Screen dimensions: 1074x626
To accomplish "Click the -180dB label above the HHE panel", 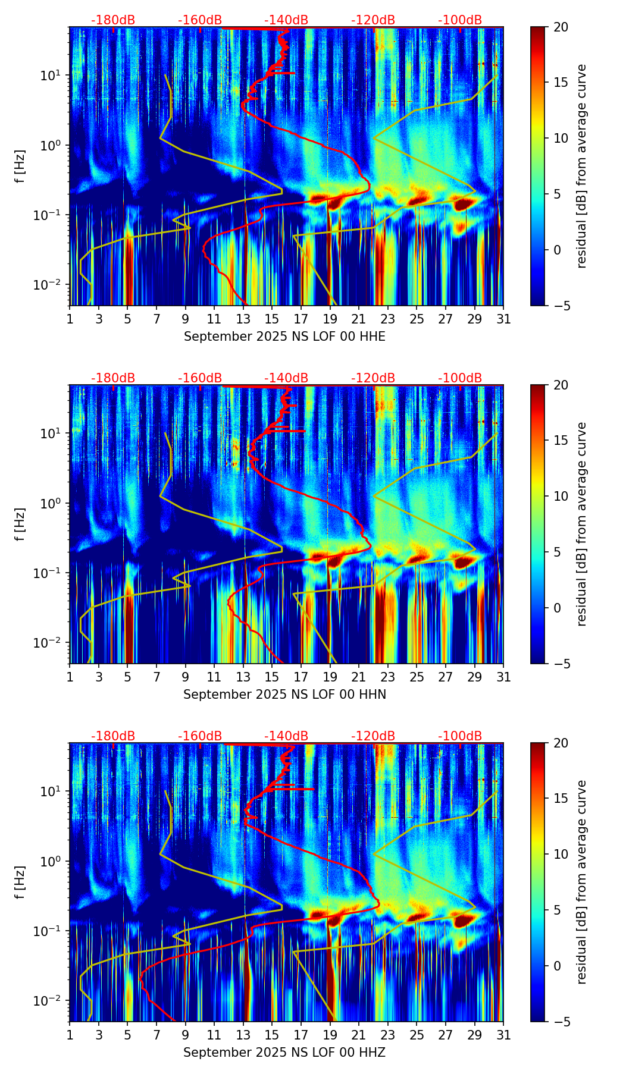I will click(113, 20).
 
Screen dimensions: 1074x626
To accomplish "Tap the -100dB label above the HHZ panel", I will click(460, 736).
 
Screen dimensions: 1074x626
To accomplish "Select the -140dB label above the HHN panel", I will click(286, 378).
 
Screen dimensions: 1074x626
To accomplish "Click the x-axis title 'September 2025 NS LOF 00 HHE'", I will click(284, 337).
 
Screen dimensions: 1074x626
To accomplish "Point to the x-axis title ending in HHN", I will click(284, 695).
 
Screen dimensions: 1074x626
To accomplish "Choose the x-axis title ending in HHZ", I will click(284, 1053).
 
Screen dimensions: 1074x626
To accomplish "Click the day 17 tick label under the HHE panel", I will click(301, 319).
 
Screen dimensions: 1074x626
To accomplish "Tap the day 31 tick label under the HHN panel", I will click(503, 677).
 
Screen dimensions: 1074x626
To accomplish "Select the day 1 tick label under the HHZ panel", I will click(70, 1035).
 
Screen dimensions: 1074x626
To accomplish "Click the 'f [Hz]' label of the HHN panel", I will click(20, 524).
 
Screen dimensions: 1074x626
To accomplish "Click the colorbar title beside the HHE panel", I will click(581, 166).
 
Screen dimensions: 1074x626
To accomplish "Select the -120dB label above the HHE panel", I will click(373, 20).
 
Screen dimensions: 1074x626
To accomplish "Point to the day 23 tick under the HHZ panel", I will click(388, 1035).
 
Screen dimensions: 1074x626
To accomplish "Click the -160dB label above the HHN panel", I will click(200, 378).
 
